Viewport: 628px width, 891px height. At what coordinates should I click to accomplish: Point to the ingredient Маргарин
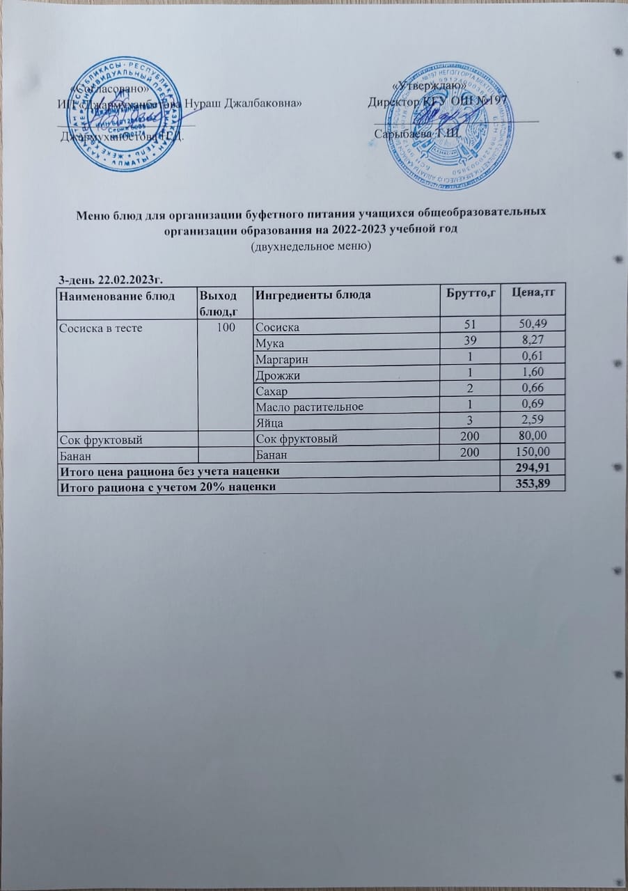click(x=281, y=360)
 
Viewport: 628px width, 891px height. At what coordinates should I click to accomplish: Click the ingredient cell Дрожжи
click(x=277, y=376)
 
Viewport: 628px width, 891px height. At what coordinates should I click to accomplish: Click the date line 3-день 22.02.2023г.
click(x=113, y=278)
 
